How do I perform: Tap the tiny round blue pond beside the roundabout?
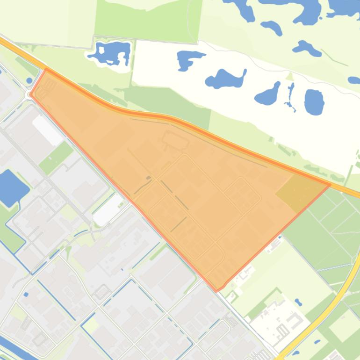[29, 80]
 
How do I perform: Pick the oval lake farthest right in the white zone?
[314, 101]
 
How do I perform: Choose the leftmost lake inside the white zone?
[190, 59]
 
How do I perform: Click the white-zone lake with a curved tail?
[225, 79]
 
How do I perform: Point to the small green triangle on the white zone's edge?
[289, 76]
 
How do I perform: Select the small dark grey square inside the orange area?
[148, 178]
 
